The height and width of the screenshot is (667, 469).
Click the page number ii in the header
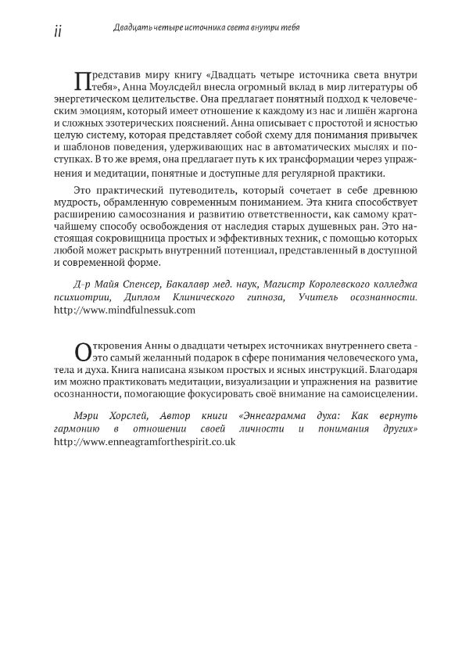pos(54,29)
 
